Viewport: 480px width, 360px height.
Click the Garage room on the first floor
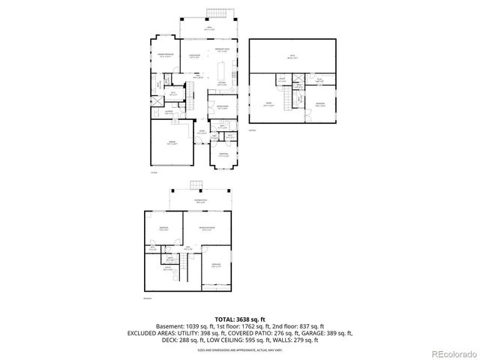click(170, 146)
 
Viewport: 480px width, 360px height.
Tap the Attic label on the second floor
click(292, 55)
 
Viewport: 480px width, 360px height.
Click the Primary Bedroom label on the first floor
click(166, 55)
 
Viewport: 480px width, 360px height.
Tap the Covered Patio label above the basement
click(199, 201)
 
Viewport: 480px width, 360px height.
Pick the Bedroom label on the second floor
click(320, 103)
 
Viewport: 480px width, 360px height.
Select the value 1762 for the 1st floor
click(249, 326)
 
